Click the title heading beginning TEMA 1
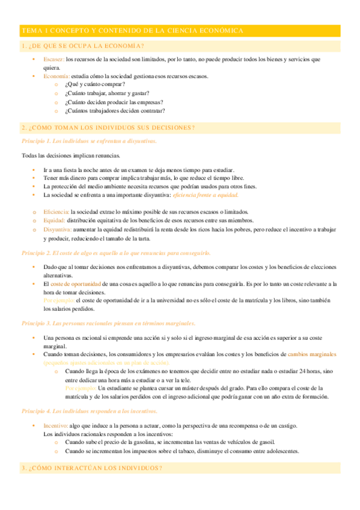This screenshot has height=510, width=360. point(132,30)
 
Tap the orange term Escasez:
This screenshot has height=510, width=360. point(53,60)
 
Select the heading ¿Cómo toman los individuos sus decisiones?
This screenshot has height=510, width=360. point(108,127)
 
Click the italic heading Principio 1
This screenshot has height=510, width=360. point(88,141)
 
